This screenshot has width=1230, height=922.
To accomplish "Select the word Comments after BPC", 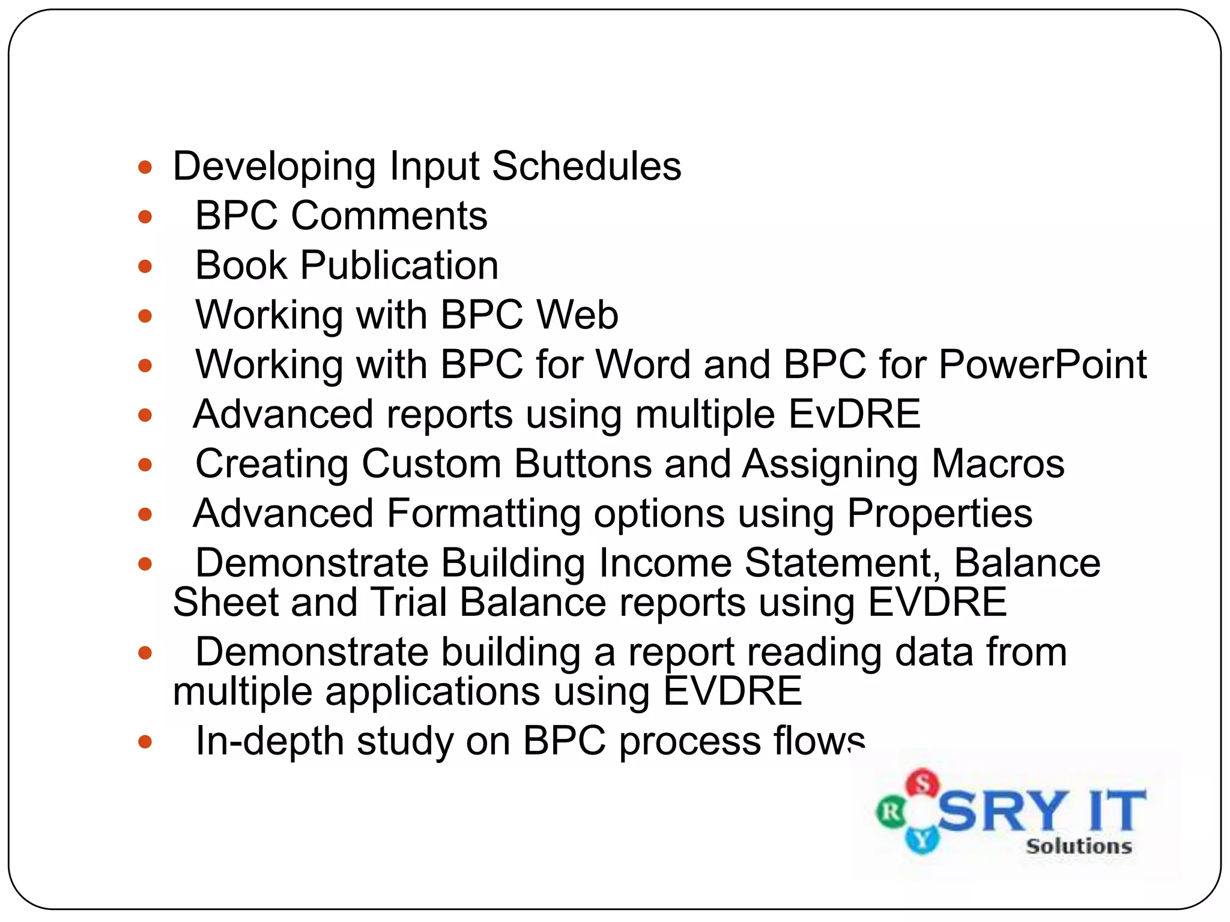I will [389, 215].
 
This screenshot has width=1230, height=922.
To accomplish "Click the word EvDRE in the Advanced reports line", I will [854, 414].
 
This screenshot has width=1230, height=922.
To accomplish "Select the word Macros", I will [998, 464].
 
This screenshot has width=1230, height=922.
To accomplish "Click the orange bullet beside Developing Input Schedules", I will [145, 167].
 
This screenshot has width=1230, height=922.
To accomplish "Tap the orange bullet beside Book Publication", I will [145, 266].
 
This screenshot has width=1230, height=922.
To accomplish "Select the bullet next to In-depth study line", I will [145, 742].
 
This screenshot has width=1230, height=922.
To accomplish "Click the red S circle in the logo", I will [922, 783].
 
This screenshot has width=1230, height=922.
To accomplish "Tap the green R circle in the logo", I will [891, 813].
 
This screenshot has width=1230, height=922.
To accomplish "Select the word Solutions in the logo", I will [1079, 846].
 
